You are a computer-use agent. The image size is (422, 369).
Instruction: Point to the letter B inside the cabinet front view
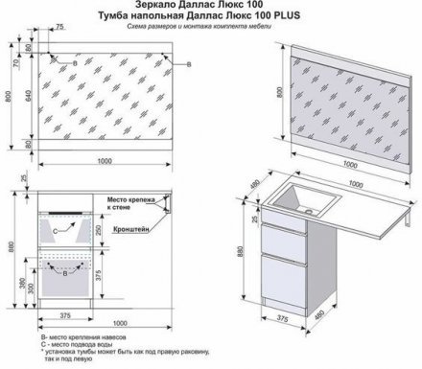tap(63, 275)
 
